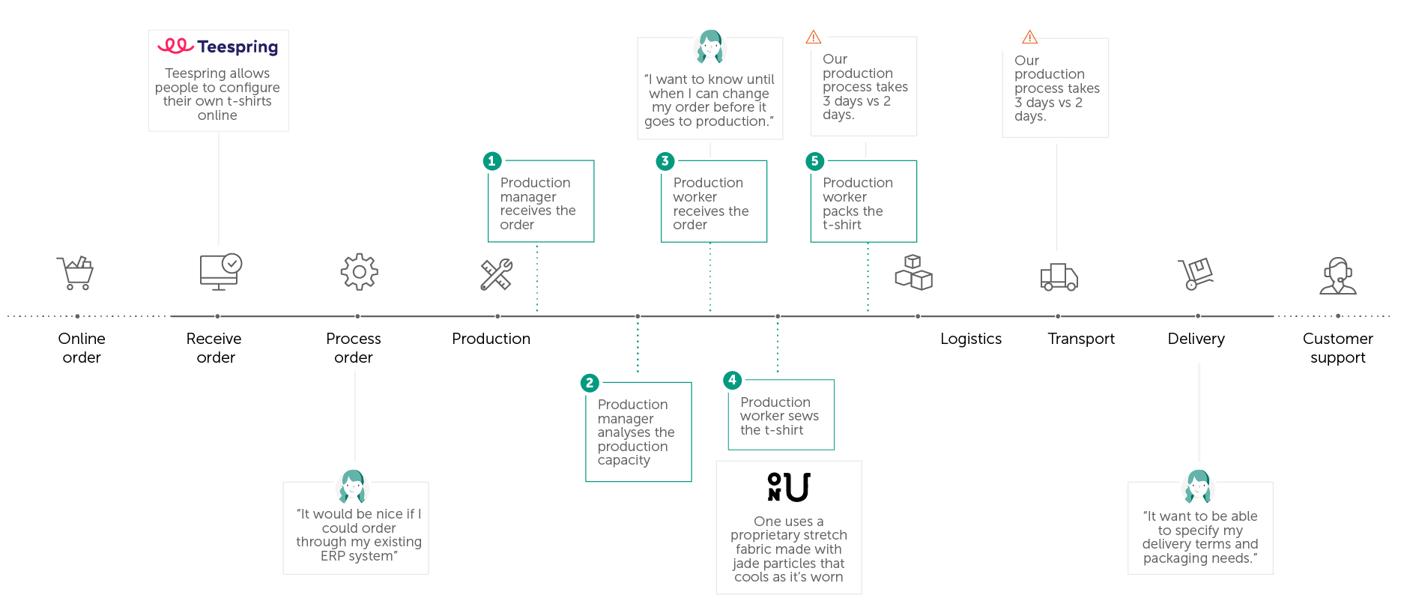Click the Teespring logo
[x=217, y=46]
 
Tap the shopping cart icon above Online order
[x=75, y=273]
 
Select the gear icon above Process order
[x=359, y=272]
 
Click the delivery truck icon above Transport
[x=1059, y=277]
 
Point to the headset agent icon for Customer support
[x=1337, y=276]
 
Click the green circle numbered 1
[x=491, y=161]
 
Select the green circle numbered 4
[x=732, y=380]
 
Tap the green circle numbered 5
[x=814, y=161]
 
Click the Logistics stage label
[x=970, y=339]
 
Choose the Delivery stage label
[x=1196, y=339]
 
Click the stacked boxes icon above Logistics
[x=913, y=273]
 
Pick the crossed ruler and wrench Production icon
[x=496, y=274]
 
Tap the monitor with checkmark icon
[x=220, y=272]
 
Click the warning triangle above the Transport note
[x=1029, y=37]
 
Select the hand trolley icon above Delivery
[x=1196, y=274]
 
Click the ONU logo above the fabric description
[x=788, y=487]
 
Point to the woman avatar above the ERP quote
[x=353, y=486]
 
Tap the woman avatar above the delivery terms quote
[x=1198, y=486]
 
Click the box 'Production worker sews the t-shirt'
[x=781, y=416]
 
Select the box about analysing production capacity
[x=638, y=432]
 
